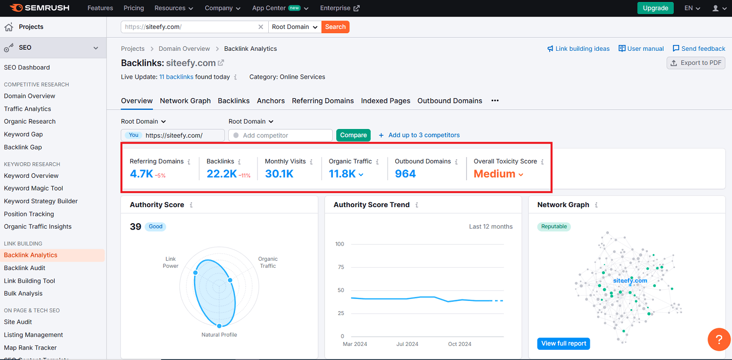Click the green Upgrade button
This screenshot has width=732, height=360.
[655, 8]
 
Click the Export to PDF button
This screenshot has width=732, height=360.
[696, 63]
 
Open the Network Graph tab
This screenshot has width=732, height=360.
[185, 101]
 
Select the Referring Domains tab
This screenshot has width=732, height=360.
[323, 101]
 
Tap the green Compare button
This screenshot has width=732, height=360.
[353, 135]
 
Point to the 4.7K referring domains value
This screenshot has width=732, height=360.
[142, 174]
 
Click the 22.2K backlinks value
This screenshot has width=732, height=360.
[222, 174]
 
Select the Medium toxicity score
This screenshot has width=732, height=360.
[495, 174]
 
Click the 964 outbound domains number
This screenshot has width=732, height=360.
[405, 174]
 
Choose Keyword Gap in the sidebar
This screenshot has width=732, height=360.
[23, 134]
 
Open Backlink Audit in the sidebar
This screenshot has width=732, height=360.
[24, 268]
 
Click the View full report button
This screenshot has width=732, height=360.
[563, 343]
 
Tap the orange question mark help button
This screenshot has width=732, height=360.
[719, 339]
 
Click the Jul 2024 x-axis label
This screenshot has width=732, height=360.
[407, 344]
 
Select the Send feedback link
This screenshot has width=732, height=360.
[699, 48]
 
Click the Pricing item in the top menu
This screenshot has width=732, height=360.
[134, 8]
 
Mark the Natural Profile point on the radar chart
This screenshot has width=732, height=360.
[219, 326]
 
